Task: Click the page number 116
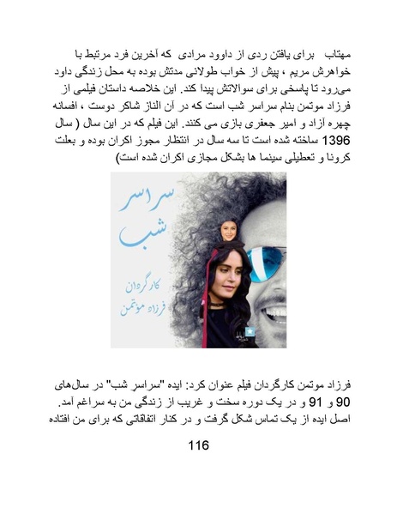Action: pos(197,447)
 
